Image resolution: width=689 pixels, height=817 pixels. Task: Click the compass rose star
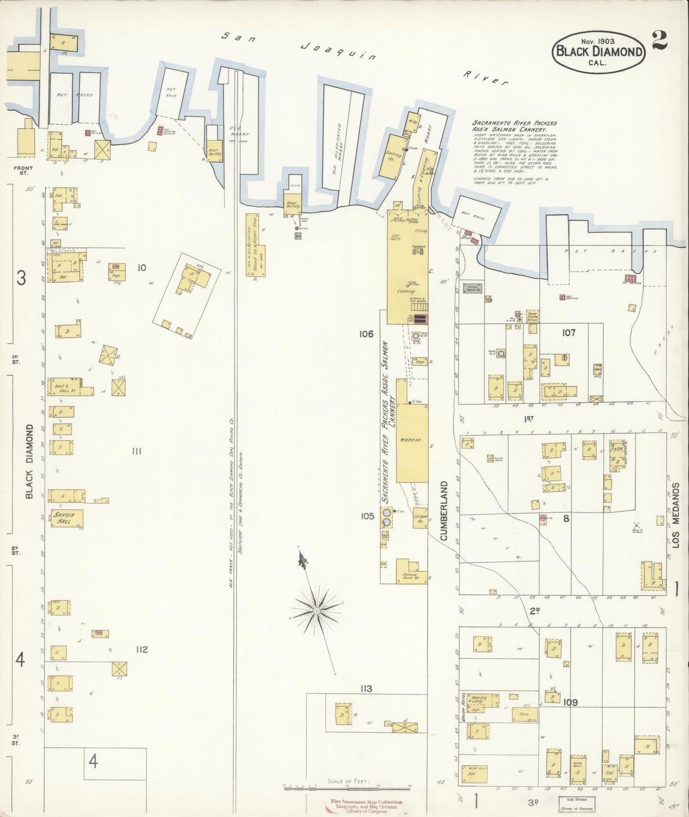pos(316,611)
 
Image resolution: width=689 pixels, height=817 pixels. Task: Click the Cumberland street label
pos(444,511)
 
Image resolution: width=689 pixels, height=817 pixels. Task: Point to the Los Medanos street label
pos(676,521)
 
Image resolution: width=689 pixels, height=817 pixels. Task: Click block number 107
pos(568,333)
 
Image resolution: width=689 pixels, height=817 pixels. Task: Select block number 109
pos(570,702)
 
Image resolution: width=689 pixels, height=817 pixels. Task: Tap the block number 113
pos(366,688)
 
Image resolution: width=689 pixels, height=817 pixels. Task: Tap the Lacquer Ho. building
pos(420,520)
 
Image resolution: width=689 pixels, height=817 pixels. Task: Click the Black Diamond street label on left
pos(29,461)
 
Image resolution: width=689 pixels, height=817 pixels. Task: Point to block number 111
pos(136,451)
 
